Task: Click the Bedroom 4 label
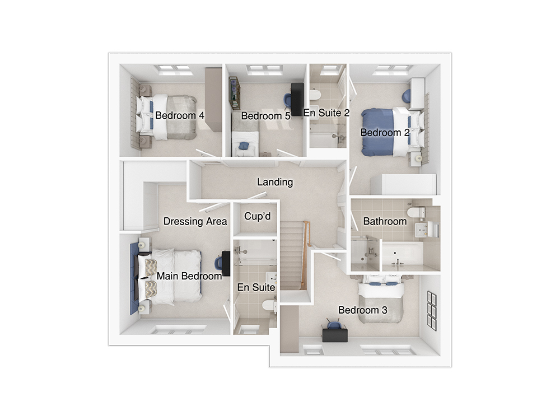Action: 180,115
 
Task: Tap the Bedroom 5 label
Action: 265,116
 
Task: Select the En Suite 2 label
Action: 326,113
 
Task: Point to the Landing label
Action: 275,182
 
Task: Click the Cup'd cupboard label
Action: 258,216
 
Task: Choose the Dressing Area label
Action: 195,221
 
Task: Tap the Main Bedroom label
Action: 189,276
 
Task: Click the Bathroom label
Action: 385,221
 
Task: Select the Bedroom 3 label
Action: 363,310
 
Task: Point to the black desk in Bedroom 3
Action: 335,335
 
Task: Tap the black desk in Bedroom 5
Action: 297,99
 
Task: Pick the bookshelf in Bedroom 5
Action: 235,94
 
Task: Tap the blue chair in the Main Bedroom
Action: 218,263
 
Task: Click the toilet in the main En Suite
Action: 268,306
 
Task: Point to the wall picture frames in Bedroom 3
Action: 432,311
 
